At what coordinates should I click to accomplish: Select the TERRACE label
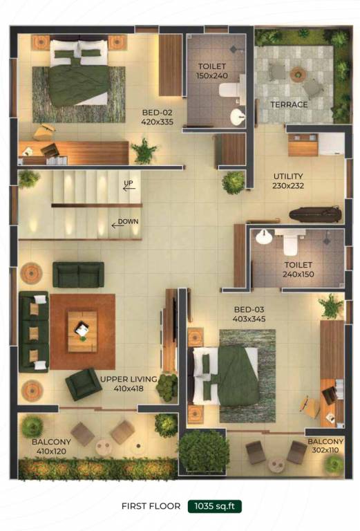(x=289, y=104)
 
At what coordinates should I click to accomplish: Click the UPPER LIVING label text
(x=128, y=379)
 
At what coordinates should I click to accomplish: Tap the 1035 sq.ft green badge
(x=214, y=506)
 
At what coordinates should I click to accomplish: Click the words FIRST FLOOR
(x=151, y=506)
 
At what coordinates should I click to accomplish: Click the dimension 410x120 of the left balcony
(x=51, y=451)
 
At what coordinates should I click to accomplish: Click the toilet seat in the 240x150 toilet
(x=290, y=243)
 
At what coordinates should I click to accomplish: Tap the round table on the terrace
(x=298, y=73)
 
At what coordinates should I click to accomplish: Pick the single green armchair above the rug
(x=78, y=274)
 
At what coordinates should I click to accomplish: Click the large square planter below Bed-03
(x=202, y=450)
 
